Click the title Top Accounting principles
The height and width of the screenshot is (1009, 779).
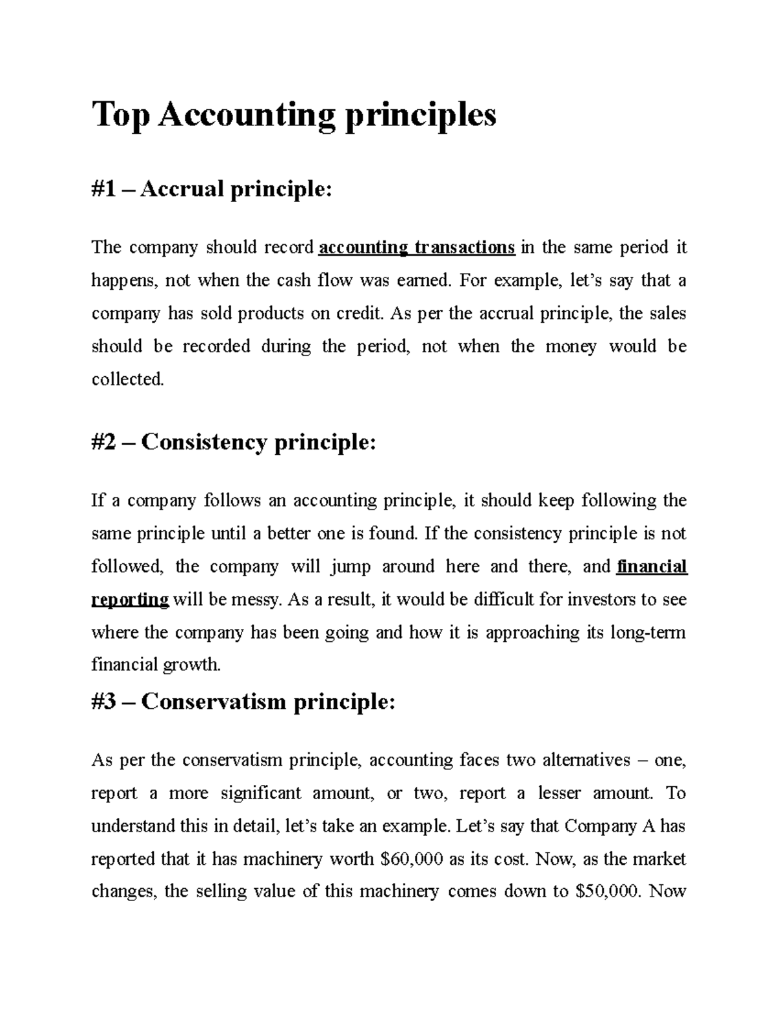pos(294,116)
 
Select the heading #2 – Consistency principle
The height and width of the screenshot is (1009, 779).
pos(234,442)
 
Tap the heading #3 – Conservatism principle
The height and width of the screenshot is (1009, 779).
pos(243,702)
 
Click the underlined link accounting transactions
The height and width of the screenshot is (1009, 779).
pos(417,248)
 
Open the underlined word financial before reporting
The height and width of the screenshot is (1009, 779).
pos(651,567)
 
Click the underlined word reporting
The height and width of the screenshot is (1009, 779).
pos(130,600)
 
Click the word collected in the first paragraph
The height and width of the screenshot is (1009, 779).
pos(128,379)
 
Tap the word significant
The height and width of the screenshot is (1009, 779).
pos(261,793)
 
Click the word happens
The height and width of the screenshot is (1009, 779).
pos(124,281)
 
